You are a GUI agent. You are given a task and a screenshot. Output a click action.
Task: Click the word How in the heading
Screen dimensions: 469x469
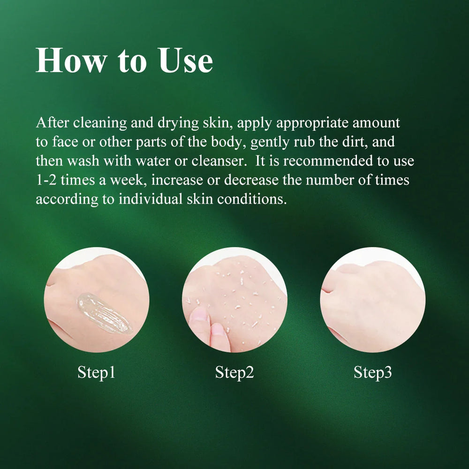(x=71, y=61)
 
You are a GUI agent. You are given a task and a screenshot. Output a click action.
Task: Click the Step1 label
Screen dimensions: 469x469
(x=96, y=373)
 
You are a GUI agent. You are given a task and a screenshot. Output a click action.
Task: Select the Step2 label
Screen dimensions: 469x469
(x=234, y=373)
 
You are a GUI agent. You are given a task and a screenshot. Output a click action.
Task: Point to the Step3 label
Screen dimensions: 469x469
(x=373, y=373)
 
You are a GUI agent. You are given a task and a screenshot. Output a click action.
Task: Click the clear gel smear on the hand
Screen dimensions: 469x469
(x=105, y=313)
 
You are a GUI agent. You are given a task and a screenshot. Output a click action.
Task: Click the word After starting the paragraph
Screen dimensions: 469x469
(x=53, y=123)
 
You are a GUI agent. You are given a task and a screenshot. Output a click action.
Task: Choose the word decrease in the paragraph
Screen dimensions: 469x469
(x=251, y=181)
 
